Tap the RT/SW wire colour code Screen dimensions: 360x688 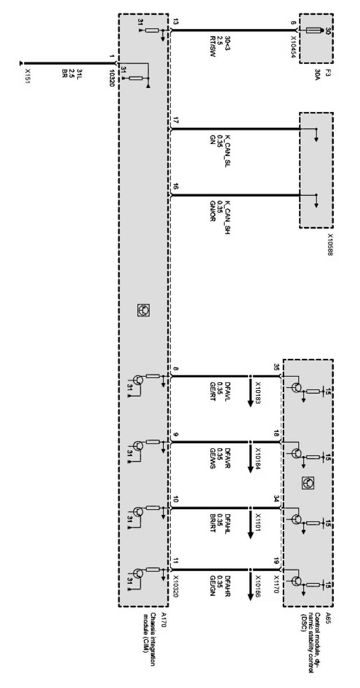click(x=212, y=49)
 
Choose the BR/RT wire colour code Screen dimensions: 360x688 click(x=212, y=523)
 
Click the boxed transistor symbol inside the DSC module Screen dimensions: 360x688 click(x=308, y=482)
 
